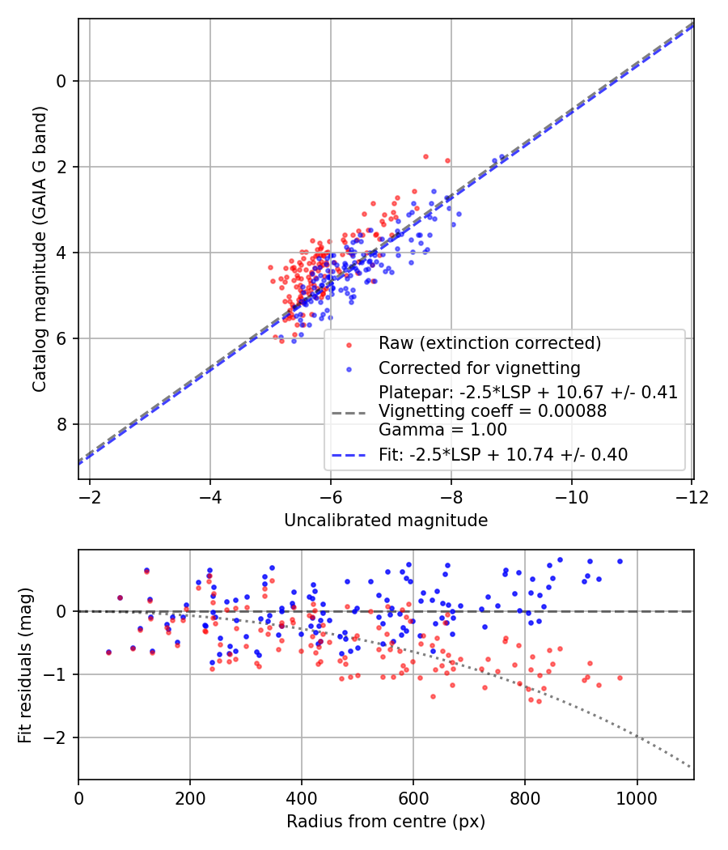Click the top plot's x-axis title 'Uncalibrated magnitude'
coord(386,521)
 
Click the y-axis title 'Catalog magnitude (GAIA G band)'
coord(40,249)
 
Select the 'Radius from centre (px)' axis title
coord(386,821)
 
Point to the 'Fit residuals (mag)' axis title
coord(24,664)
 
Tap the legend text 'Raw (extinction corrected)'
coord(489,343)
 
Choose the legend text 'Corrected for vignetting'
coord(479,368)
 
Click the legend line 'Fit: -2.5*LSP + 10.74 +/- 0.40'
coord(503,455)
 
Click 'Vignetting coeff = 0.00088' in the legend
coord(492,411)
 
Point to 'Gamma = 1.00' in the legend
coord(442,430)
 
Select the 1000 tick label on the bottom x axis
coord(637,797)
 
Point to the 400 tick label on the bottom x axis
coord(302,797)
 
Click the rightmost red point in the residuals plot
coord(620,678)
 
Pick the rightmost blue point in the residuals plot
coord(620,561)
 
